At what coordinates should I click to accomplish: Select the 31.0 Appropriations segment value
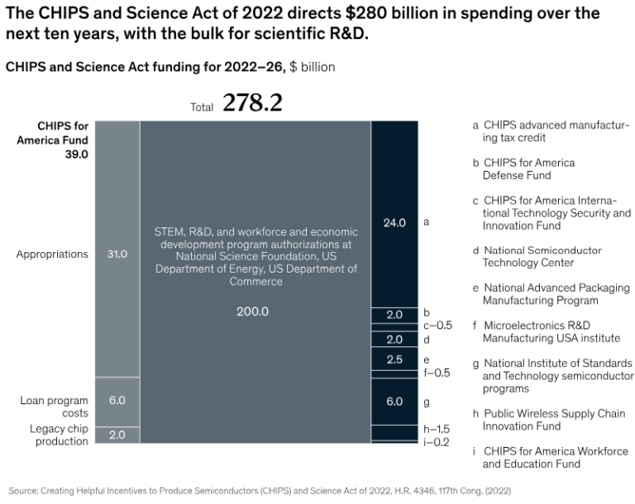point(117,254)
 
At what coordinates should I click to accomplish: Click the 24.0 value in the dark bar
point(394,223)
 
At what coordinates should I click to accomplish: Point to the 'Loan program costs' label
point(55,407)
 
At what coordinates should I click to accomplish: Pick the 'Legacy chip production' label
point(59,435)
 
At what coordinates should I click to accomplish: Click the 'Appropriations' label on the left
point(52,254)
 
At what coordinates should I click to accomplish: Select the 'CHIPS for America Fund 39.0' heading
point(63,140)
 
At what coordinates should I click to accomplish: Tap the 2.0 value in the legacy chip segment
point(117,435)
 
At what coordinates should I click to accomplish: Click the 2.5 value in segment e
point(394,359)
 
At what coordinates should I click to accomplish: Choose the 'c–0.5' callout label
point(437,326)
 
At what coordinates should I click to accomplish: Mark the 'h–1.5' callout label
point(437,430)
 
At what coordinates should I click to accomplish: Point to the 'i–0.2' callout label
point(437,442)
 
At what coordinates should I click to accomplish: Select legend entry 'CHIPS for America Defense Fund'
point(528,169)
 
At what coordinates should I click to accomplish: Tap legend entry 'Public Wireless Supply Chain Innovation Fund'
point(548,420)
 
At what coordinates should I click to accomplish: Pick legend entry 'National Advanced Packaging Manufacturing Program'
point(556,294)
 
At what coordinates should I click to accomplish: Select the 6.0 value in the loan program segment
point(117,400)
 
